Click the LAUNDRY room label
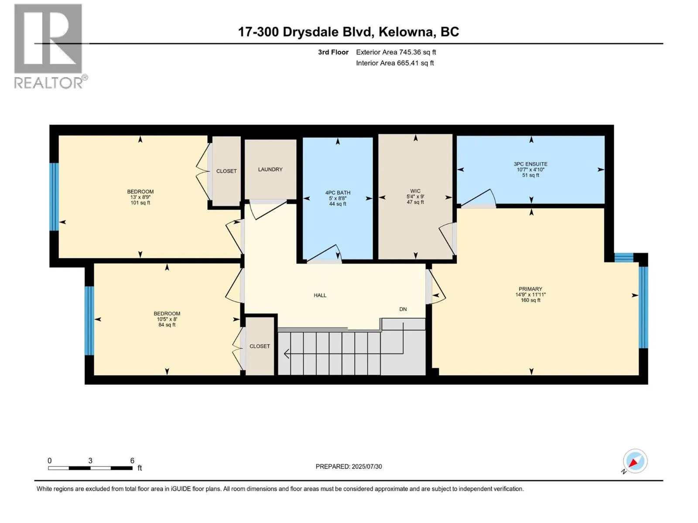pyautogui.click(x=270, y=170)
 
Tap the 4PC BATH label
pyautogui.click(x=338, y=193)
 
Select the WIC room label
pyautogui.click(x=415, y=191)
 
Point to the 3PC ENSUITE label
pyautogui.click(x=530, y=164)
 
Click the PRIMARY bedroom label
pyautogui.click(x=530, y=289)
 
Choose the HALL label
pyautogui.click(x=320, y=295)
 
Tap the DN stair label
pyautogui.click(x=403, y=309)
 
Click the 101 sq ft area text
pyautogui.click(x=140, y=203)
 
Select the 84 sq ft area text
pyautogui.click(x=167, y=325)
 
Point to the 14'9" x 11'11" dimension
pyautogui.click(x=530, y=295)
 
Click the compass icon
pyautogui.click(x=635, y=461)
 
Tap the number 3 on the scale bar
pyautogui.click(x=90, y=460)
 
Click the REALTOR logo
pyautogui.click(x=50, y=46)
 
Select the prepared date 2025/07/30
pyautogui.click(x=366, y=466)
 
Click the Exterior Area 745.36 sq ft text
pyautogui.click(x=396, y=52)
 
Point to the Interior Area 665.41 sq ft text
pyautogui.click(x=395, y=63)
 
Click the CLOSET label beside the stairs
pyautogui.click(x=260, y=346)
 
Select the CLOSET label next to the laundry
pyautogui.click(x=226, y=171)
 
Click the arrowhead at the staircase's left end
pyautogui.click(x=286, y=353)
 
